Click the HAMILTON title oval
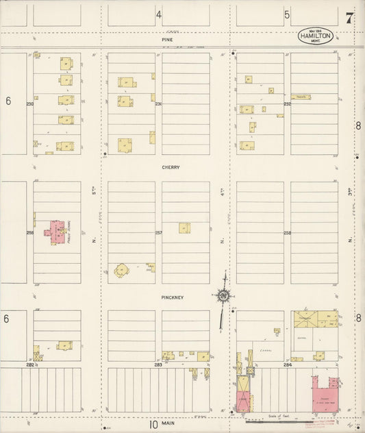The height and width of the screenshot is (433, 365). [x=315, y=36]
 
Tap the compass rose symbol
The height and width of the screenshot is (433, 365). [x=223, y=296]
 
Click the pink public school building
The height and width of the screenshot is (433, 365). [x=56, y=232]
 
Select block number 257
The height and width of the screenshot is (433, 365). [x=158, y=233]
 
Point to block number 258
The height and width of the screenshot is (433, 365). [x=287, y=233]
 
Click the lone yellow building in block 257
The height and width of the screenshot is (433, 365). [x=184, y=227]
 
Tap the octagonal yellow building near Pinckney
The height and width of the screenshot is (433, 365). [x=123, y=271]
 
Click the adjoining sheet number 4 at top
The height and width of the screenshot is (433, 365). [x=158, y=14]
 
